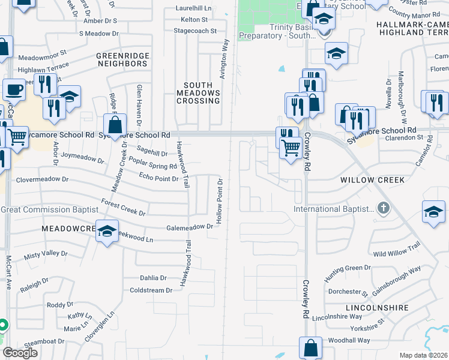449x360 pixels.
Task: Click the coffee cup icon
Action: pyautogui.click(x=14, y=90)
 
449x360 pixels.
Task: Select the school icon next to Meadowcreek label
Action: pyautogui.click(x=107, y=232)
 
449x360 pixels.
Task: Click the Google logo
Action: pyautogui.click(x=20, y=353)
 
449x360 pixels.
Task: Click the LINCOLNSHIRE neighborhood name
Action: pyautogui.click(x=377, y=307)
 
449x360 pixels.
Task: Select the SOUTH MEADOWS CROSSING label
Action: pyautogui.click(x=198, y=93)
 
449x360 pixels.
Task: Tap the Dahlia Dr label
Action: pyautogui.click(x=152, y=278)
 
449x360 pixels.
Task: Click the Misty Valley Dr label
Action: pyautogui.click(x=46, y=254)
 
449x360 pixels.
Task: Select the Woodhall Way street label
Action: pyautogui.click(x=349, y=340)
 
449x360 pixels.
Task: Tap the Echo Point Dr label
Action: pyautogui.click(x=158, y=178)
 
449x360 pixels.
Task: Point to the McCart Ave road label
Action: pyautogui.click(x=9, y=273)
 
